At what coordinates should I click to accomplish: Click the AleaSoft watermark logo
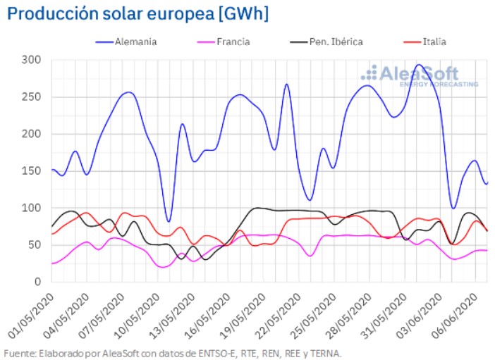tap(419, 75)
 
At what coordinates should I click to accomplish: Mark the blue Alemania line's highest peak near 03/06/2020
tap(419, 65)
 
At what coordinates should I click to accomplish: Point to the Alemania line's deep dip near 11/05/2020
tap(168, 221)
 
